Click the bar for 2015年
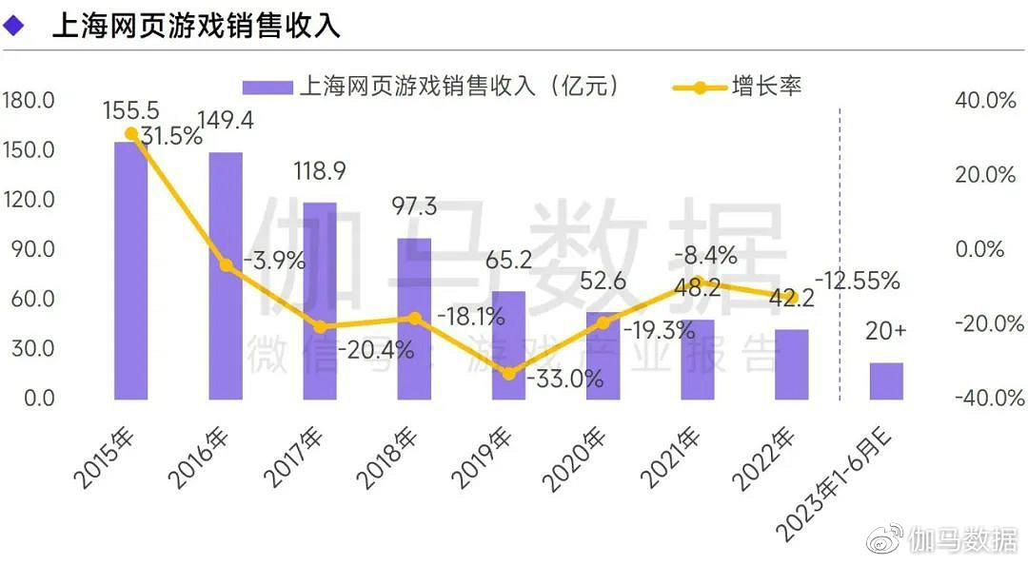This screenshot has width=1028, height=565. click(x=130, y=271)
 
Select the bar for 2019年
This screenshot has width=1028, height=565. click(x=508, y=345)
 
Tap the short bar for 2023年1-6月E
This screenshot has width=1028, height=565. click(x=886, y=380)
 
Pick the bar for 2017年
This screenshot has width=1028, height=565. click(x=320, y=301)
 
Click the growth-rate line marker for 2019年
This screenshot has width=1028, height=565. click(x=508, y=374)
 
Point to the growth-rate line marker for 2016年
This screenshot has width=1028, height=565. click(x=226, y=265)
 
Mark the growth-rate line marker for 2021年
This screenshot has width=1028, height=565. click(x=697, y=282)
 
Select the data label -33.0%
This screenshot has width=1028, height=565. click(x=568, y=379)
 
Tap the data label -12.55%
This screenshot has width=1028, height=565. click(x=858, y=281)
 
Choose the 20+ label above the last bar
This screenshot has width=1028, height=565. click(x=886, y=331)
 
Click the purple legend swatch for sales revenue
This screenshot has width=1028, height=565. click(x=267, y=88)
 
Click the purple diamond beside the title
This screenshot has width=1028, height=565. click(x=14, y=26)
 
